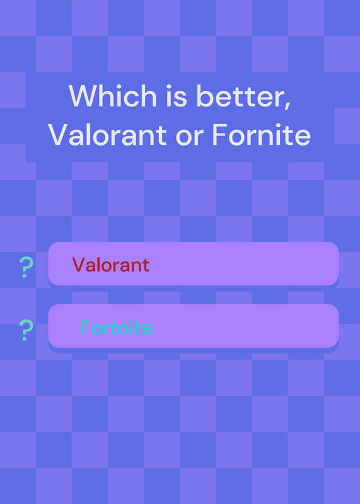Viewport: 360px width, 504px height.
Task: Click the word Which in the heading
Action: pyautogui.click(x=113, y=95)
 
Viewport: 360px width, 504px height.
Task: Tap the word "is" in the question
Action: pyautogui.click(x=177, y=96)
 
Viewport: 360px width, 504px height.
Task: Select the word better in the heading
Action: pyautogui.click(x=239, y=96)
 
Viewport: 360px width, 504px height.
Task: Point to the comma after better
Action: pyautogui.click(x=287, y=105)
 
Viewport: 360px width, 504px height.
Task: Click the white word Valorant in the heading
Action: pyautogui.click(x=107, y=134)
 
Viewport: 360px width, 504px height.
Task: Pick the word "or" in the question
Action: pyautogui.click(x=190, y=137)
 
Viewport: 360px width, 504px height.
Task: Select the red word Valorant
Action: pyautogui.click(x=111, y=265)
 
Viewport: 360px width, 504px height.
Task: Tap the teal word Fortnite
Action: pyautogui.click(x=117, y=328)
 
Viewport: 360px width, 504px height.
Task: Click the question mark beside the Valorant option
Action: pyautogui.click(x=26, y=267)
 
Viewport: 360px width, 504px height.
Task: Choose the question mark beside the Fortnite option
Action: pyautogui.click(x=26, y=330)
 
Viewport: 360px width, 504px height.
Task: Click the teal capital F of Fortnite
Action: pyautogui.click(x=85, y=328)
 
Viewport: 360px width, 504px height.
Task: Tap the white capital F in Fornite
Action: pyautogui.click(x=219, y=135)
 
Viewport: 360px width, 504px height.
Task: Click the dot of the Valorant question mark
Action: pyautogui.click(x=25, y=275)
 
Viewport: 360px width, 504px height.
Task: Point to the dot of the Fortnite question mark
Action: pyautogui.click(x=25, y=338)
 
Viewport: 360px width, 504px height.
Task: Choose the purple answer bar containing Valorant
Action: pyautogui.click(x=194, y=263)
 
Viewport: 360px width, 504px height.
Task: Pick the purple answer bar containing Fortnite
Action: pyautogui.click(x=194, y=326)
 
